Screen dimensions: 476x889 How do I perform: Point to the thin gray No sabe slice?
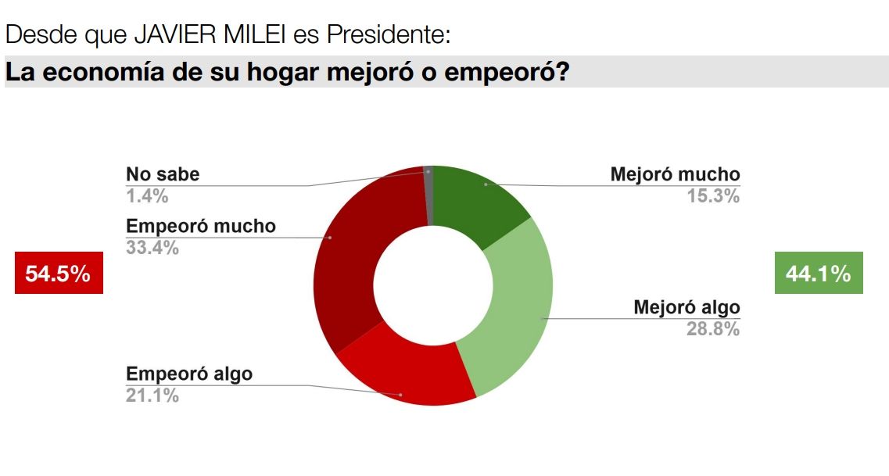click(x=428, y=195)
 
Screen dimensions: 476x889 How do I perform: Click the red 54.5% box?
click(x=59, y=273)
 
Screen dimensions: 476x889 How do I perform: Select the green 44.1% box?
click(x=819, y=273)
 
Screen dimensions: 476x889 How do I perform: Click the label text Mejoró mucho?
click(x=675, y=174)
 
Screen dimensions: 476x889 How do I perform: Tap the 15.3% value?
click(x=712, y=196)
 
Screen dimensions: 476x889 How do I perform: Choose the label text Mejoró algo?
click(x=686, y=306)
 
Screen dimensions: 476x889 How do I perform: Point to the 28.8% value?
click(x=712, y=329)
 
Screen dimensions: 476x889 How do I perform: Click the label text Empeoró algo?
click(x=189, y=373)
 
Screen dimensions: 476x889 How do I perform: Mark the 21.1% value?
click(x=152, y=395)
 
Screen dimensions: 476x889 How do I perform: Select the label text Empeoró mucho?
click(x=201, y=226)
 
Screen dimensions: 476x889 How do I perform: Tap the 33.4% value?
click(x=152, y=249)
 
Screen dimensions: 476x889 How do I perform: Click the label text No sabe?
click(x=163, y=174)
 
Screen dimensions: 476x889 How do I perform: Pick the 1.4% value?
click(x=147, y=196)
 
